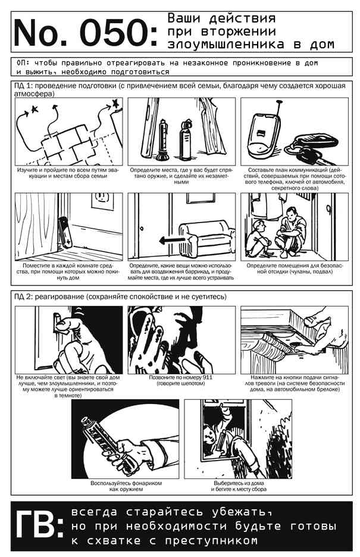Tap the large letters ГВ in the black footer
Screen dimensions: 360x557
[35, 525]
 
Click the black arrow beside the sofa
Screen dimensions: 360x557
[171, 241]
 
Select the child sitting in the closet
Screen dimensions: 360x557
[259, 237]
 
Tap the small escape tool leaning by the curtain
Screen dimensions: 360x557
[65, 233]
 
